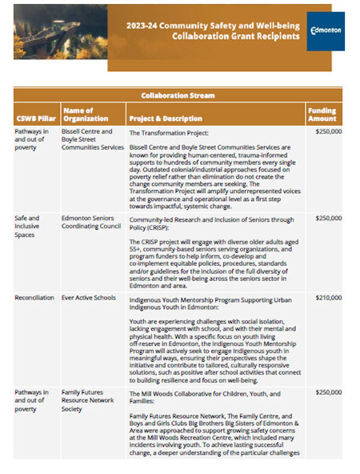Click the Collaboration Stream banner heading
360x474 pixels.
180,94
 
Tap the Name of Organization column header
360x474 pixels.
82,114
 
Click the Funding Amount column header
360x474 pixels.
324,114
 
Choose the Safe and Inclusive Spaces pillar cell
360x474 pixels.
32,223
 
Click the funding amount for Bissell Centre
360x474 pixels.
328,131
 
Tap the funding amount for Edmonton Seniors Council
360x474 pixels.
328,218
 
